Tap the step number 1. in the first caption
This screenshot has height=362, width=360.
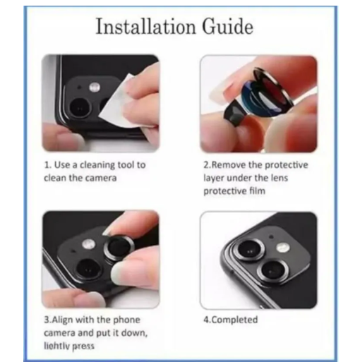pos(47,164)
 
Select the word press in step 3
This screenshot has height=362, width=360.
pos(82,346)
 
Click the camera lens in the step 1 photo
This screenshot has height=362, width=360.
pos(79,107)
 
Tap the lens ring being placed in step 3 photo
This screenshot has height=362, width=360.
pos(114,248)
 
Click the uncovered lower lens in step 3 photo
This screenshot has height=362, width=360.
pos(88,268)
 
